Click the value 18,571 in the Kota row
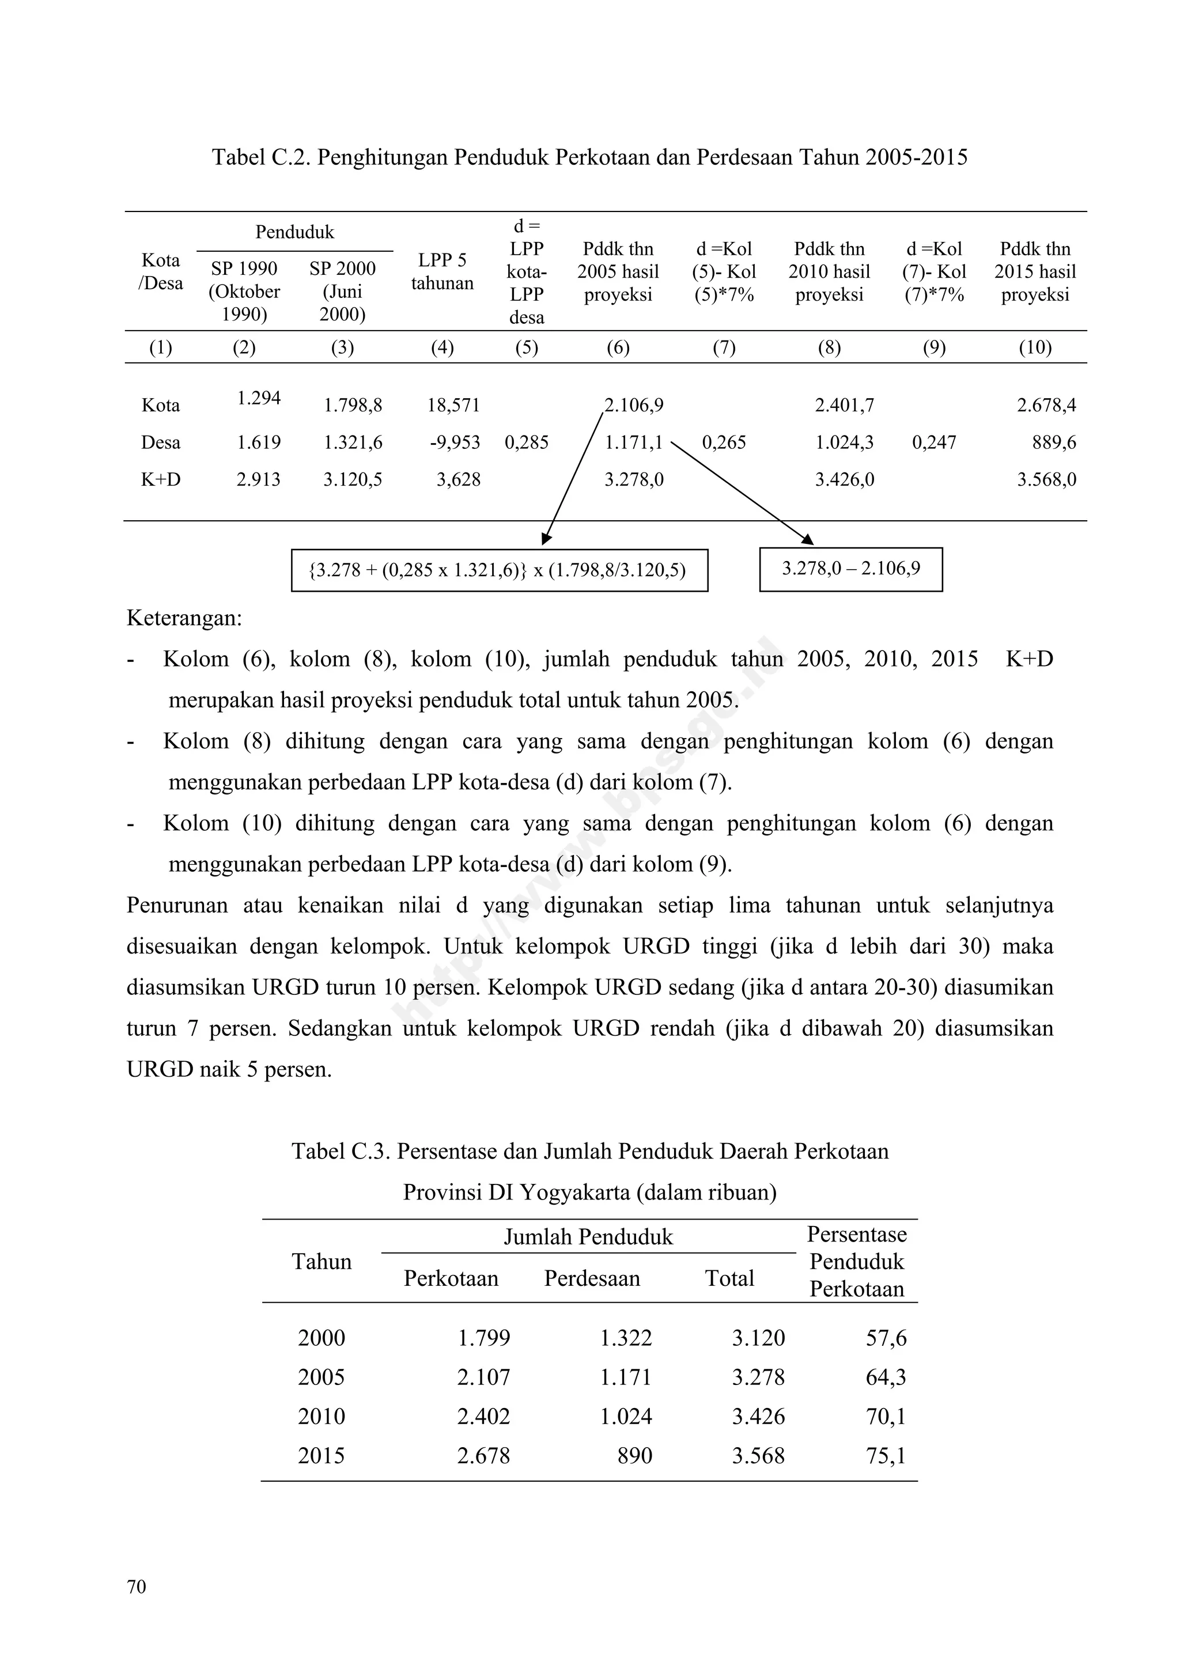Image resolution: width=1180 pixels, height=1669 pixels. [453, 405]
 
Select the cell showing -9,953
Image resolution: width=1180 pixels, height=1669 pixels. [455, 442]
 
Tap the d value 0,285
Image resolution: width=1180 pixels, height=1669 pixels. [527, 442]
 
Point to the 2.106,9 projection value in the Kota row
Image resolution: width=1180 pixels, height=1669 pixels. [634, 405]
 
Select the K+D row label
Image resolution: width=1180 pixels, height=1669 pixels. [161, 480]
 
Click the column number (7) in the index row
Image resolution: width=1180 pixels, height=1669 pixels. [724, 347]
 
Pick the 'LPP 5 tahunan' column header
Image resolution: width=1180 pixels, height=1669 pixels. [442, 272]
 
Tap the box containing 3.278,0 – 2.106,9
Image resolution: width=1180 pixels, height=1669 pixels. [850, 569]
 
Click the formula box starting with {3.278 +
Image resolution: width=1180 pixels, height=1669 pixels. [499, 570]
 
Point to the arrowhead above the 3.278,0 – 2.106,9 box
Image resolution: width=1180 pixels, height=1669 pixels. [807, 540]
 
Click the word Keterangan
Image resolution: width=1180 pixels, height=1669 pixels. [184, 619]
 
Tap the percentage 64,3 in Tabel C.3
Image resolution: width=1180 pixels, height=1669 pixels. [886, 1377]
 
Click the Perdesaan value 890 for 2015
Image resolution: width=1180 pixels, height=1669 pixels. [635, 1455]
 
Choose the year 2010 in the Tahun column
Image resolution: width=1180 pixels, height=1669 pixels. [322, 1416]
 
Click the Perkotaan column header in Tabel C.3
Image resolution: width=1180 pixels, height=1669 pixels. [451, 1278]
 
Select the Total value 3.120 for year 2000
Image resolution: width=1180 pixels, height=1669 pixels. [758, 1338]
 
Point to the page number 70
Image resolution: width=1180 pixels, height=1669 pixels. [137, 1587]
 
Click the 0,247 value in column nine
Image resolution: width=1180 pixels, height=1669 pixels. [933, 442]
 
